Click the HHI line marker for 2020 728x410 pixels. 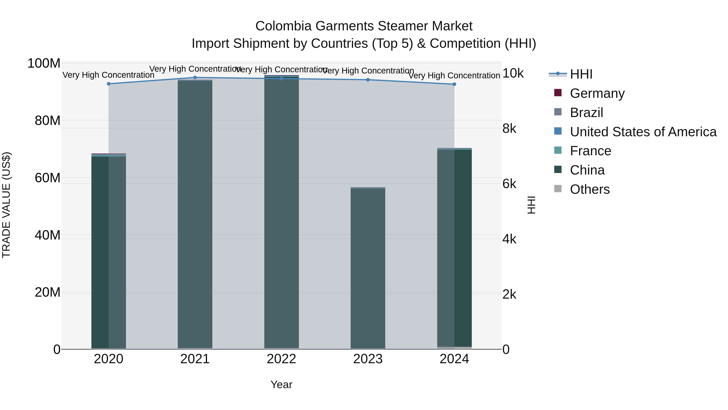pos(109,84)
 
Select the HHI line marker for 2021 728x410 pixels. pos(195,78)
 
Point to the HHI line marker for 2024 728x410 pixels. pos(454,84)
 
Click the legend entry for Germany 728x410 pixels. pos(597,93)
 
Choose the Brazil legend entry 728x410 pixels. pos(586,113)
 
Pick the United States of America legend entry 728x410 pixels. pos(643,132)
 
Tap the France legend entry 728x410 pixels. pos(590,151)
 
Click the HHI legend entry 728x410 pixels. pos(581,74)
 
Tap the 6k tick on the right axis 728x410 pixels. pos(509,184)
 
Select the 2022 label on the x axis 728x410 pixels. pos(281,359)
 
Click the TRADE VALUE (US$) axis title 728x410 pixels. pos(6,205)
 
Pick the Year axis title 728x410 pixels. pos(281,384)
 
